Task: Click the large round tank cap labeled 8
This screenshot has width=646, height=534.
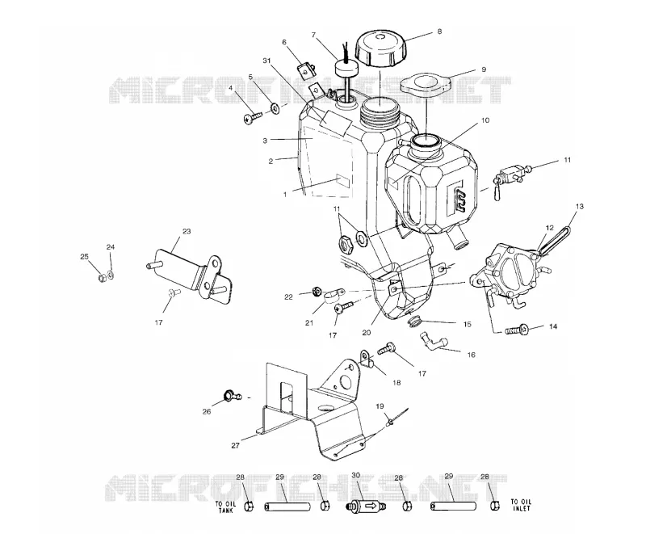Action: tap(381, 49)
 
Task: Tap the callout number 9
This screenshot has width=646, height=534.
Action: tap(484, 69)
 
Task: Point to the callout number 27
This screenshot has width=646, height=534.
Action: tap(235, 445)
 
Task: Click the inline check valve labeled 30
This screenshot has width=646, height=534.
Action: tap(365, 505)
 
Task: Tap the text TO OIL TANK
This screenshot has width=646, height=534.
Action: tap(226, 507)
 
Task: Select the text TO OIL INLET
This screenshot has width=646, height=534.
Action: tap(521, 505)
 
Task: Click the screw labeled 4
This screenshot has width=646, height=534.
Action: tap(252, 118)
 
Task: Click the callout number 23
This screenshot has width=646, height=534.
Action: tap(187, 231)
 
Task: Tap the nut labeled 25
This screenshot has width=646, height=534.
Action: tap(102, 278)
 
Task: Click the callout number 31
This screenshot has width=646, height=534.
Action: tap(266, 61)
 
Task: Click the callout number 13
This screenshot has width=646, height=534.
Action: tap(580, 206)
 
